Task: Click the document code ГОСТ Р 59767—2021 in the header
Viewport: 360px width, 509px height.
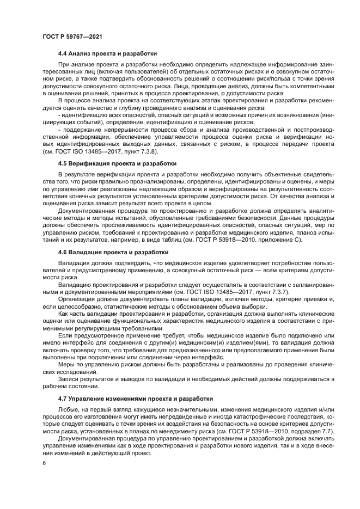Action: click(x=72, y=36)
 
